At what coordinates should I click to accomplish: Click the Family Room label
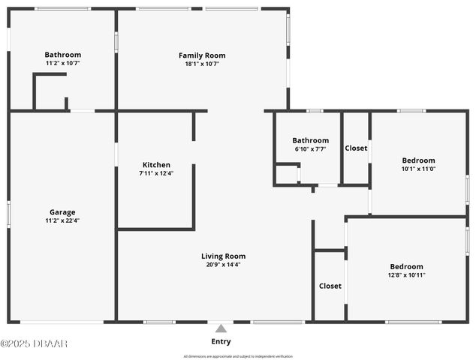[x=201, y=55]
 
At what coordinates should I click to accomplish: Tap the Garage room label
[x=62, y=212]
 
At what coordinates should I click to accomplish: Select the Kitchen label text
[x=156, y=165]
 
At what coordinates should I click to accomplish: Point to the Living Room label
[x=223, y=256]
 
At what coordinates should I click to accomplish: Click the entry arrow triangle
[x=221, y=328]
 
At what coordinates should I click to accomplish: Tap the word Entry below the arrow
[x=221, y=341]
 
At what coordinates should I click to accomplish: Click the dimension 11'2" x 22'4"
[x=62, y=220]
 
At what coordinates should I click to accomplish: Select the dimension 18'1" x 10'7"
[x=201, y=64]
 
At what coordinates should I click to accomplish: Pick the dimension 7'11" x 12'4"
[x=156, y=173]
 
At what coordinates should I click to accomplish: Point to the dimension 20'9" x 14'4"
[x=223, y=264]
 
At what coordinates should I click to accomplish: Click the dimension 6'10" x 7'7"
[x=310, y=148]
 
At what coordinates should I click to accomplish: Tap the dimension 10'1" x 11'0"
[x=418, y=169]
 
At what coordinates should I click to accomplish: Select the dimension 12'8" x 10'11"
[x=406, y=274]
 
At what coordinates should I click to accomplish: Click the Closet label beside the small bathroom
[x=356, y=148]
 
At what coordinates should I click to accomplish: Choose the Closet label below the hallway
[x=330, y=286]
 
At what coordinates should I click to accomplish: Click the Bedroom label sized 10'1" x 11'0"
[x=418, y=160]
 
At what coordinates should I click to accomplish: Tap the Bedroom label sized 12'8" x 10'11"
[x=406, y=266]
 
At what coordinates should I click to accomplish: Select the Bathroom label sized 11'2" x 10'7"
[x=62, y=55]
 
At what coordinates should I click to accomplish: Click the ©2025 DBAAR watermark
[x=34, y=343]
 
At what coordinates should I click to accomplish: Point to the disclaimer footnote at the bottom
[x=238, y=356]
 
